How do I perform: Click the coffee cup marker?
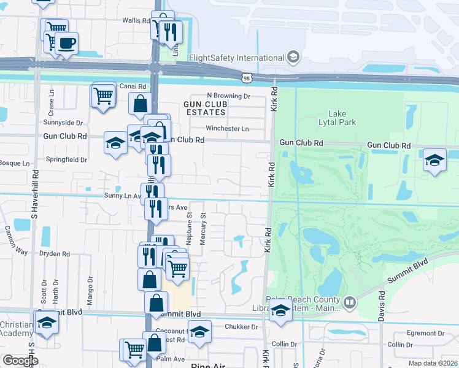[x=67, y=43]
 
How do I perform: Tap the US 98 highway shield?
[x=246, y=78]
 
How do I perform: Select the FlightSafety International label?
[x=236, y=58]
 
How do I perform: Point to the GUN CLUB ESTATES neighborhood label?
[x=206, y=109]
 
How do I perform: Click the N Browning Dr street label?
[x=229, y=96]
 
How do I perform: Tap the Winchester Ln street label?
[x=227, y=129]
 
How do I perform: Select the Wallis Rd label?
[x=136, y=20]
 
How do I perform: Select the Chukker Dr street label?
[x=241, y=328]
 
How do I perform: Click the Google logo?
[x=21, y=361]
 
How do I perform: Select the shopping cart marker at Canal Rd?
[x=102, y=95]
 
